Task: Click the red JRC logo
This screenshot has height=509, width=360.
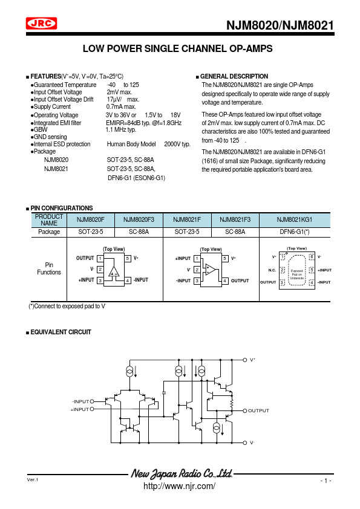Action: pos(41,24)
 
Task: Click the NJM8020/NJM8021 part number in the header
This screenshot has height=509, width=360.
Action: pos(280,25)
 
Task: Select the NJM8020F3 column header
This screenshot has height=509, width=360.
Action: pos(139,220)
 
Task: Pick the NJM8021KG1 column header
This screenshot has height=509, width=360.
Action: pos(295,220)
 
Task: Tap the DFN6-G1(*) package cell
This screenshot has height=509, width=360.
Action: pos(295,232)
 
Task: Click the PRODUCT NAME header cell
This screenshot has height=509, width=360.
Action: pos(49,220)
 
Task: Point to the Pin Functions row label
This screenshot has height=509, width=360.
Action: pos(49,268)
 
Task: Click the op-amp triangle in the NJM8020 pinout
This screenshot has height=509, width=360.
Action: pos(113,271)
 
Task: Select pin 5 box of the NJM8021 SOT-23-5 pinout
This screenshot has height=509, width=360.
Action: pos(225,258)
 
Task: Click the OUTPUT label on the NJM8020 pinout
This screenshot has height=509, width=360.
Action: pos(85,258)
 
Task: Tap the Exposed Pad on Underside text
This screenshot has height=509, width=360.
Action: pos(296,274)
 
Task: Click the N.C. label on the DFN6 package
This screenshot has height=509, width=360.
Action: pos(272,270)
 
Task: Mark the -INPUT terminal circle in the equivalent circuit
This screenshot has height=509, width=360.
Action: pos(92,401)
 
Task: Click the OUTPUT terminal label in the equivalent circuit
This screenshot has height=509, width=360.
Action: pos(258,410)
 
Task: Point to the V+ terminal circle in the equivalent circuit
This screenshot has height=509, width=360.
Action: pos(245,360)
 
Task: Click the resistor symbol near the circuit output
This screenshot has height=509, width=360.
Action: pos(232,403)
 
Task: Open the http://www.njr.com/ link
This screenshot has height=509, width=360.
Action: pos(179,486)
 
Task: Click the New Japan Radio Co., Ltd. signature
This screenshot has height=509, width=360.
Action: pos(182,473)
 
